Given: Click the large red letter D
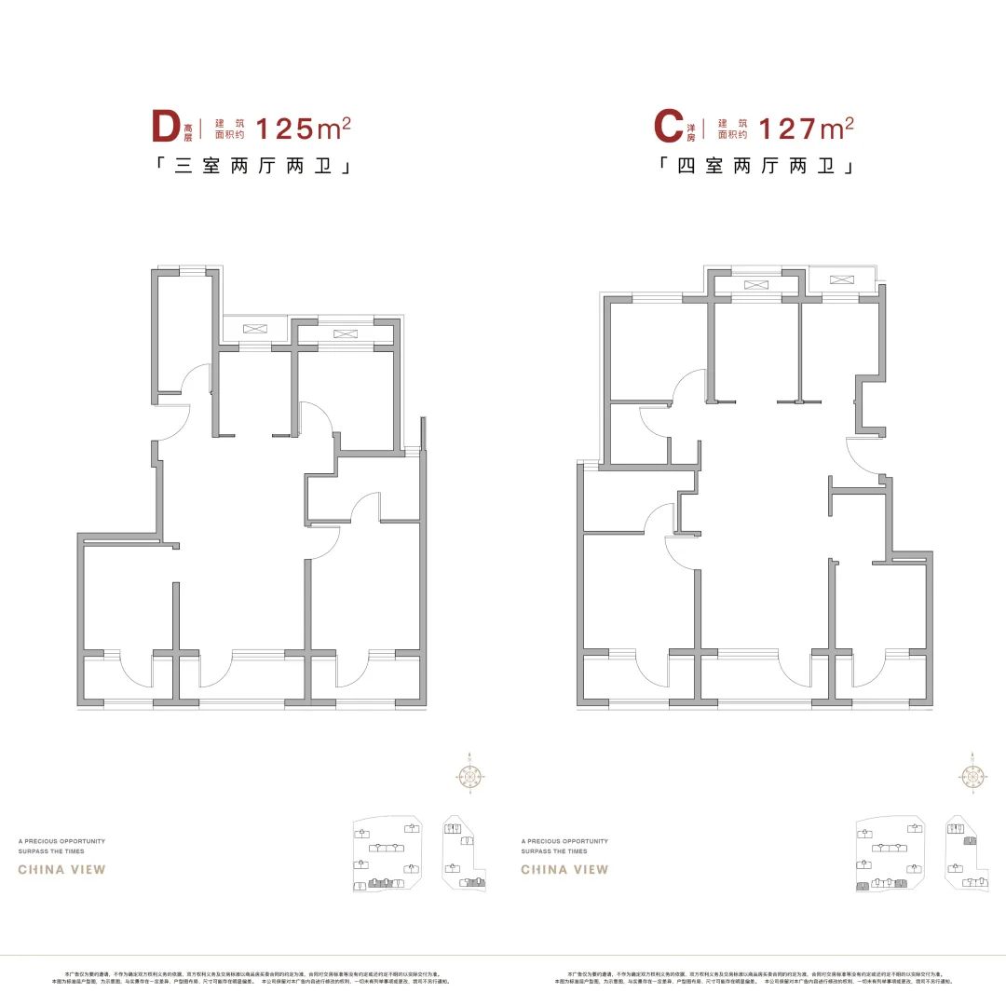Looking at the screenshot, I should [165, 128].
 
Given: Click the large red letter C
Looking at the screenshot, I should [668, 128].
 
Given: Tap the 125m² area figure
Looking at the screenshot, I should [303, 128].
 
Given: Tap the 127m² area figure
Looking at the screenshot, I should [807, 128].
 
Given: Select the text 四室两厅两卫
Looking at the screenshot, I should [757, 168].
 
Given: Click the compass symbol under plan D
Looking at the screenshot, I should [470, 774].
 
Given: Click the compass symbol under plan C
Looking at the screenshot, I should [972, 774].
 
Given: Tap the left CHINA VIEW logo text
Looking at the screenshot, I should [62, 870].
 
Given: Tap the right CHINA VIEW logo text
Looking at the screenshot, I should [564, 870].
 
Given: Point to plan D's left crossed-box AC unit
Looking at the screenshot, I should [253, 329].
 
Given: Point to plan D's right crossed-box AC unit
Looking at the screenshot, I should [344, 333].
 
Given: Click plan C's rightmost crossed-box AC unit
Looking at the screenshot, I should [841, 279].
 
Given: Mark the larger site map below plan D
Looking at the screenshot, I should [387, 852].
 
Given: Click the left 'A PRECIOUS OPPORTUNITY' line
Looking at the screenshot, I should [61, 841].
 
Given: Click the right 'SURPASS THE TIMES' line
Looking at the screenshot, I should [554, 851].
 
